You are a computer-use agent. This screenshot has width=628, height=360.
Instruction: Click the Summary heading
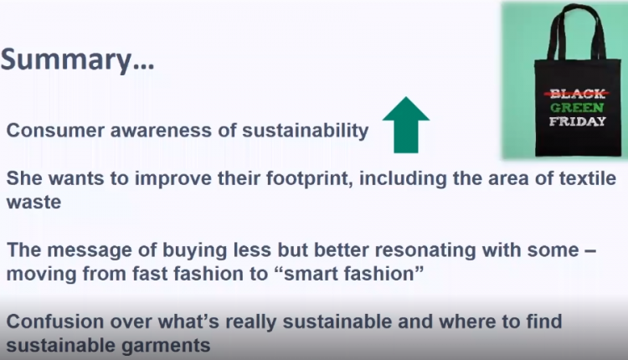click(77, 60)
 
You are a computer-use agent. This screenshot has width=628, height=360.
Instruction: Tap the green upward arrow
click(406, 125)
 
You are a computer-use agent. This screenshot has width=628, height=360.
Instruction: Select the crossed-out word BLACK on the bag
click(577, 94)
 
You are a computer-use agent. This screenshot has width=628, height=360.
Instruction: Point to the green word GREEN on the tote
click(577, 107)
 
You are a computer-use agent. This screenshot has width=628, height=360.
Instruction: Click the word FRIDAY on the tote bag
click(577, 121)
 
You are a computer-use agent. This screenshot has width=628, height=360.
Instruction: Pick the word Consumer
click(55, 131)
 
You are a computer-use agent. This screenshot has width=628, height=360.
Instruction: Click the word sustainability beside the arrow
click(305, 131)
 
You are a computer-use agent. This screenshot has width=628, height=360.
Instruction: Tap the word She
click(24, 178)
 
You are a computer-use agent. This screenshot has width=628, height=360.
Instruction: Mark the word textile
click(588, 178)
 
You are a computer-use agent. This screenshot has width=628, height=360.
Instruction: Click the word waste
click(34, 203)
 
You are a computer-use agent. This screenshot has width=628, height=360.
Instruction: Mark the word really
click(250, 322)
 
